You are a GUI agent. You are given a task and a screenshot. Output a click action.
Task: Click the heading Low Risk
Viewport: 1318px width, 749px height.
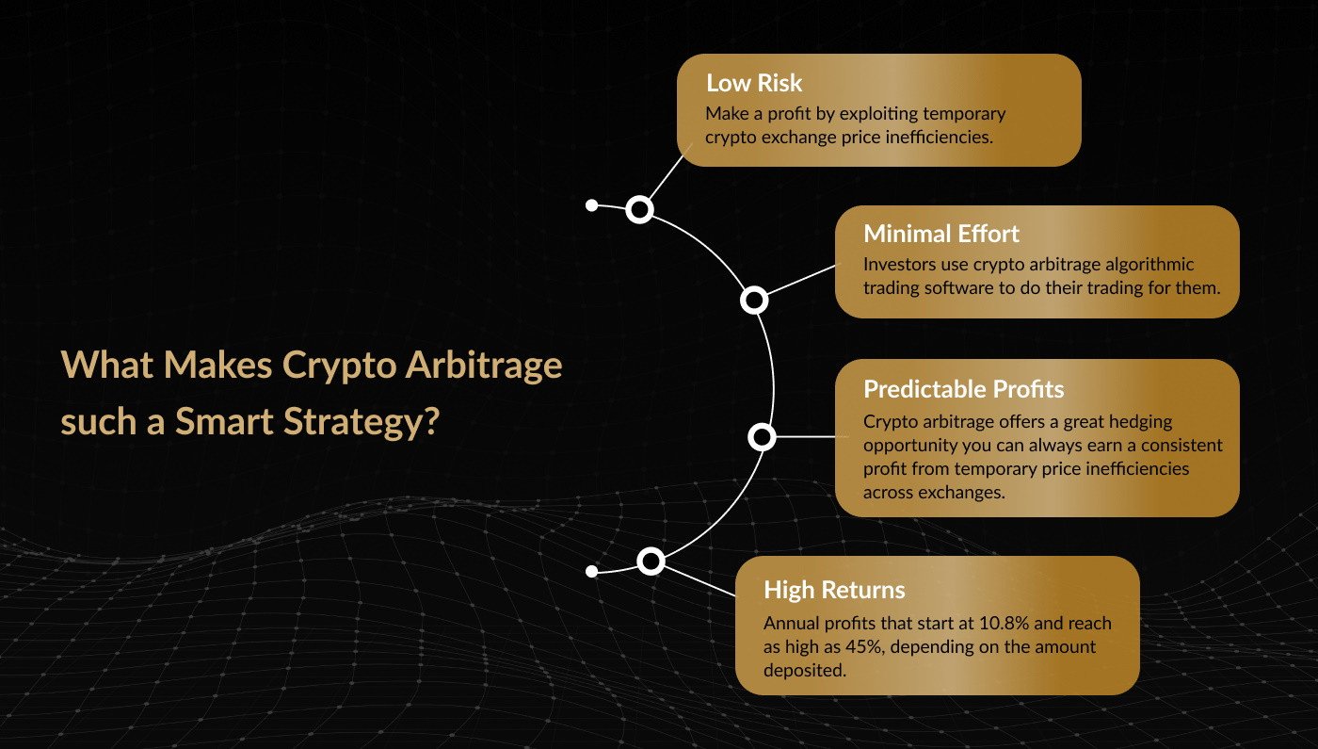click(x=754, y=83)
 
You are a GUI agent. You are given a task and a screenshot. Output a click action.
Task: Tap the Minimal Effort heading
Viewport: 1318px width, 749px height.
click(x=940, y=234)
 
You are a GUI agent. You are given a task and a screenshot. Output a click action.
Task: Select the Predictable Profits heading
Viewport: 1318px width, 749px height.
click(x=963, y=389)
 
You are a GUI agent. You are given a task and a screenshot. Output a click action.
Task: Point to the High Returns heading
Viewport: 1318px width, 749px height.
click(x=834, y=590)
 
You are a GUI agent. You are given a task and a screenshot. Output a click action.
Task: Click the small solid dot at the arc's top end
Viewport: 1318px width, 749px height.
click(x=592, y=205)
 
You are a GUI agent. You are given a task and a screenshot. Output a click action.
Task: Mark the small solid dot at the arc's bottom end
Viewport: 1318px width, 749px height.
click(x=592, y=571)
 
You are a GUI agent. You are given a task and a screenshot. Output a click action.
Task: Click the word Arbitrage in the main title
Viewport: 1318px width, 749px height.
click(x=484, y=366)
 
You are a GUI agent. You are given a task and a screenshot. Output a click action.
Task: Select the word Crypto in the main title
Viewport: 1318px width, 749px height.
click(x=339, y=366)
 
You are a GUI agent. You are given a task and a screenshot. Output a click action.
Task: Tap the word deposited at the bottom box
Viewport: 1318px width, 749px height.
click(x=805, y=671)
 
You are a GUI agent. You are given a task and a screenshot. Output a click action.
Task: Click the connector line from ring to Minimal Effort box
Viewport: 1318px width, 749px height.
click(x=801, y=280)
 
